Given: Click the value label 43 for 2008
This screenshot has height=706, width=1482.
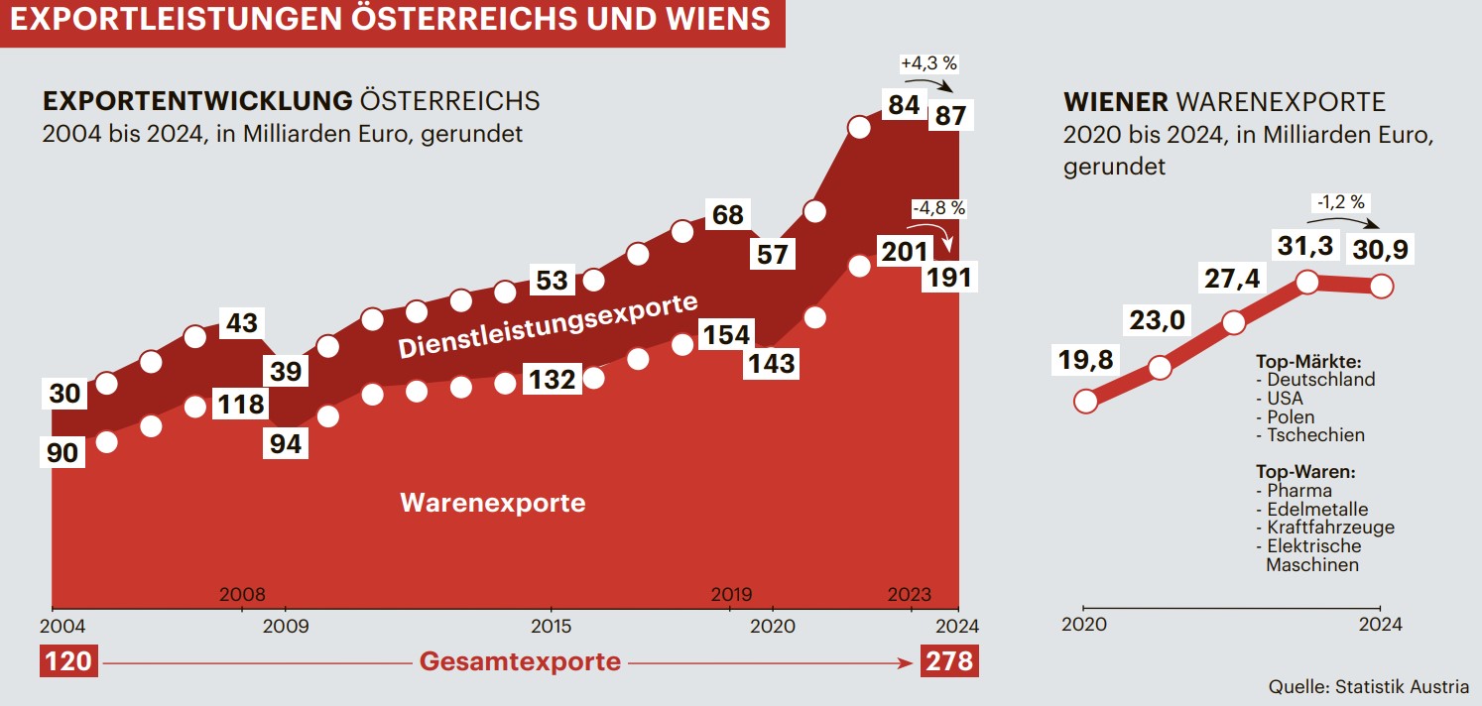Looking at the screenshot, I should coord(242,323).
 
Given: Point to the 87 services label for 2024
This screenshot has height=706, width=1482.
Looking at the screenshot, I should coord(950,115).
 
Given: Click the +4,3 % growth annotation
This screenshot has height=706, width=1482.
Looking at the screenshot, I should coord(928,63).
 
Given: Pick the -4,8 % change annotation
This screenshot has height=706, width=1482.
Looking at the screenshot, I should coord(936,209).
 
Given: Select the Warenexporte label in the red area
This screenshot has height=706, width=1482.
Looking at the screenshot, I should coord(492,503).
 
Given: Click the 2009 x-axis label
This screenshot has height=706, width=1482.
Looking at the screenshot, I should coord(286,626).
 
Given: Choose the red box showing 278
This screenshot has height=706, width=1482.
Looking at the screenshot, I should coord(949,660).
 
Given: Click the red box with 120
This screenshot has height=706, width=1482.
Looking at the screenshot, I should coord(68,660).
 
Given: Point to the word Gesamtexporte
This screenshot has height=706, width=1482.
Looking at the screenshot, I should coord(520,661).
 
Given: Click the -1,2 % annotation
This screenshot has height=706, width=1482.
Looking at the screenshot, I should coord(1340,202).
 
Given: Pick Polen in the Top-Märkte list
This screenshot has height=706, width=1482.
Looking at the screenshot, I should coord(1291,416).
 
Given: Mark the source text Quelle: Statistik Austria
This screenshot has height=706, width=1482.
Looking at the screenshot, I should coord(1369,686).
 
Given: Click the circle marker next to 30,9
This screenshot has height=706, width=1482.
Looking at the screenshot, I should coord(1381,287).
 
